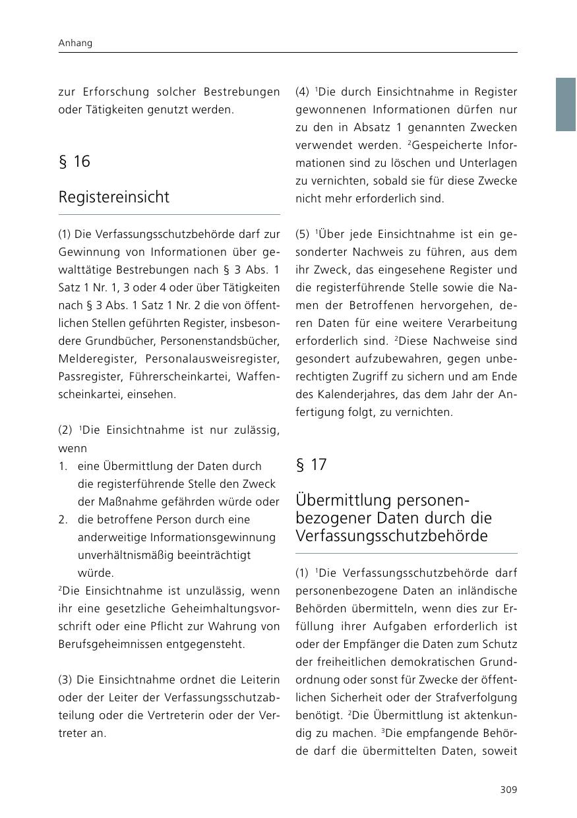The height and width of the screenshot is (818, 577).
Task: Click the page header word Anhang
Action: pyautogui.click(x=75, y=43)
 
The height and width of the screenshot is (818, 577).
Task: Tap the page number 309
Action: pyautogui.click(x=508, y=790)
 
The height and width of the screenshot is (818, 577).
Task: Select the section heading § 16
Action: pyautogui.click(x=74, y=161)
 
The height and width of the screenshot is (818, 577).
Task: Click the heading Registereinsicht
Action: pyautogui.click(x=113, y=197)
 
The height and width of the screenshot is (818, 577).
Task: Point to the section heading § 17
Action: pyautogui.click(x=311, y=465)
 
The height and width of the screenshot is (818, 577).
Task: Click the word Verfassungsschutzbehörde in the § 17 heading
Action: pyautogui.click(x=392, y=536)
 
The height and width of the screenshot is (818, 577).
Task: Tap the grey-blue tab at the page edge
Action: pyautogui.click(x=565, y=104)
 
